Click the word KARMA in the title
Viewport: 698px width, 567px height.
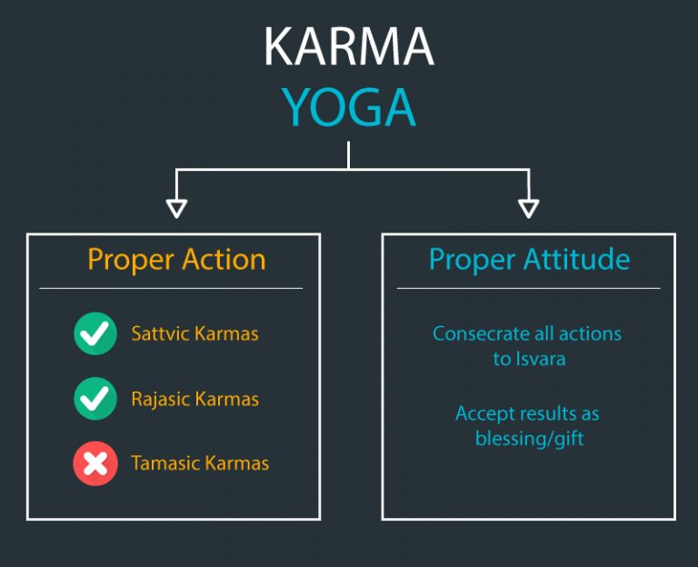click(349, 46)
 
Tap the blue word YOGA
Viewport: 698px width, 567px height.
click(349, 107)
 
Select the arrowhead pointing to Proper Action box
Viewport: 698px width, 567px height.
click(176, 208)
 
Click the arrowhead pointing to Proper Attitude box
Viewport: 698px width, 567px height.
click(528, 208)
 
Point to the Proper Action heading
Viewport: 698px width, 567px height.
click(176, 260)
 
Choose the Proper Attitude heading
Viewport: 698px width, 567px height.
click(529, 260)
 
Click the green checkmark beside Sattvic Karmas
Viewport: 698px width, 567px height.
click(95, 333)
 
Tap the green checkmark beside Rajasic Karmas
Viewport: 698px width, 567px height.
click(95, 398)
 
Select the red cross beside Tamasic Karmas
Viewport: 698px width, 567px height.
click(95, 463)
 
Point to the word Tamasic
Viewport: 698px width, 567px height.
click(165, 463)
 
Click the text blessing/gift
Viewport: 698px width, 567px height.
click(529, 439)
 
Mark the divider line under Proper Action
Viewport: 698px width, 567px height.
click(171, 288)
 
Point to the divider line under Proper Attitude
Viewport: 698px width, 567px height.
click(528, 288)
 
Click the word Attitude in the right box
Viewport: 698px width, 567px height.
click(576, 259)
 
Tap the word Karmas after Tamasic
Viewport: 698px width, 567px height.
click(237, 463)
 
